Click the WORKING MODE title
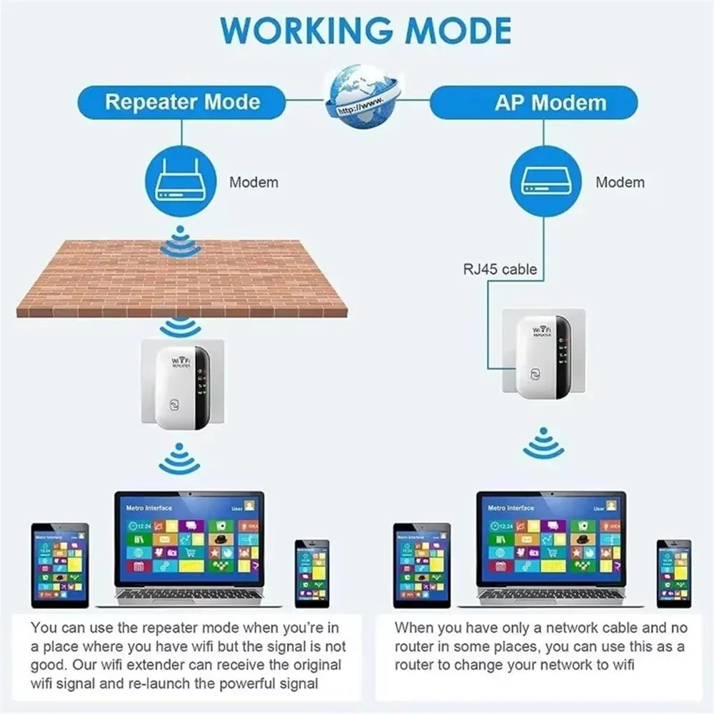(x=366, y=31)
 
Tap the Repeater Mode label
(x=182, y=101)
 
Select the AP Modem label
(x=550, y=102)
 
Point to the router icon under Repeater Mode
(x=181, y=181)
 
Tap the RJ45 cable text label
(x=499, y=269)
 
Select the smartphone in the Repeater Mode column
(x=312, y=573)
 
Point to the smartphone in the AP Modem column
(x=674, y=573)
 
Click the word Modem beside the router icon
(x=253, y=182)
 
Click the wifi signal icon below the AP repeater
(x=543, y=443)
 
